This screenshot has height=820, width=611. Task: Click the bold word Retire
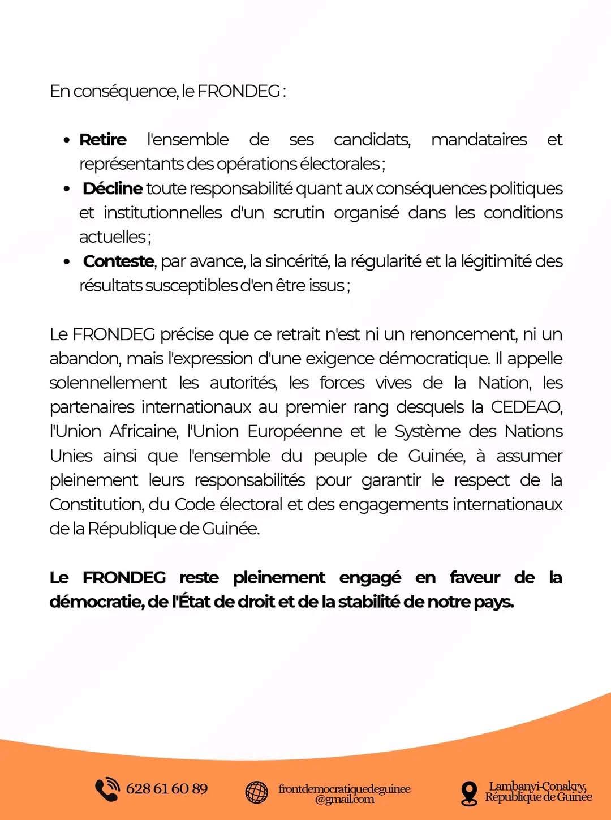tap(103, 140)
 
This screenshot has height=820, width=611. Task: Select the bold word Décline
tap(112, 188)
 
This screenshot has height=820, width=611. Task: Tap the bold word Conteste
tap(118, 261)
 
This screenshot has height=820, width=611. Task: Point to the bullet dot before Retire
tap(67, 140)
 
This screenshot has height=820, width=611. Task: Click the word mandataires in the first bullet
tap(479, 140)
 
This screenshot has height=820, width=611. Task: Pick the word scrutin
tap(299, 213)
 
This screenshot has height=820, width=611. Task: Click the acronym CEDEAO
tap(526, 407)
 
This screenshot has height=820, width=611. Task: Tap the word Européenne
tap(294, 431)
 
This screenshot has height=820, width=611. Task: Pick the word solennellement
tap(108, 383)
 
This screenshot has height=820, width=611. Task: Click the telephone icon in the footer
tap(107, 790)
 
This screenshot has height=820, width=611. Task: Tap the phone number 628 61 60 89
tap(167, 789)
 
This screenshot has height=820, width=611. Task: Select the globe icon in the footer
tap(257, 792)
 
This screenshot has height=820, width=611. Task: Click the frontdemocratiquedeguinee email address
tap(345, 793)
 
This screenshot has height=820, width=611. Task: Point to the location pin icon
tap(469, 793)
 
